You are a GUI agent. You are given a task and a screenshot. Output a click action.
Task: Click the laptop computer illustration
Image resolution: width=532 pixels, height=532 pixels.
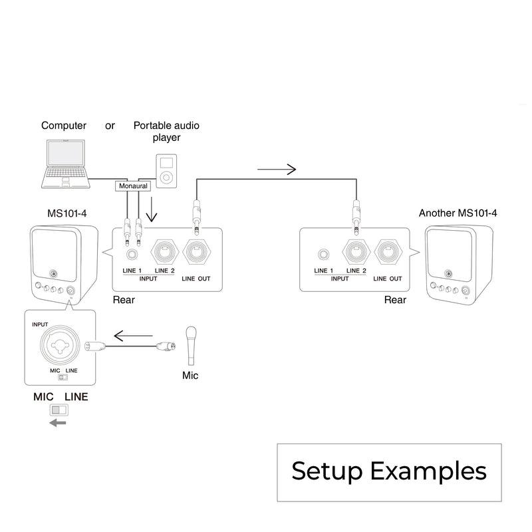coord(65,163)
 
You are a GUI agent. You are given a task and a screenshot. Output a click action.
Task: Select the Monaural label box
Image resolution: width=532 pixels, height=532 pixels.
coord(133,186)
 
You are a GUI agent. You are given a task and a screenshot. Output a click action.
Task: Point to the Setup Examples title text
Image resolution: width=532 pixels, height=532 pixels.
coord(389,471)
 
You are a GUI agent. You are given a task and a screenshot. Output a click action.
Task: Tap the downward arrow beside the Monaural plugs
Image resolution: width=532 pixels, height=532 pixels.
coord(153,210)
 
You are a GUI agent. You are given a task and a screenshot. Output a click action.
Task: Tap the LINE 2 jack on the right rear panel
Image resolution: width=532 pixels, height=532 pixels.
coord(355,253)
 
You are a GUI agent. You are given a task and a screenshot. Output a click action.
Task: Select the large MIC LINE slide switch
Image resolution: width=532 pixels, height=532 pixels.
coord(61,410)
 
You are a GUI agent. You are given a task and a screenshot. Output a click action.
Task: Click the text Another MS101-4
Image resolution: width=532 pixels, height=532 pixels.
coord(458,213)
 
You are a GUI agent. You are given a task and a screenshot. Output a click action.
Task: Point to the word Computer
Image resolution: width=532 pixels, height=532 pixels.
coord(64,126)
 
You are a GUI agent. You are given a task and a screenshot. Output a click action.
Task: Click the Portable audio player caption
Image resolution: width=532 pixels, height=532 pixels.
coord(166,131)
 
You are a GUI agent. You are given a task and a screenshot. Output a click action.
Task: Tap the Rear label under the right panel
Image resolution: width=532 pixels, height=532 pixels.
coord(395,300)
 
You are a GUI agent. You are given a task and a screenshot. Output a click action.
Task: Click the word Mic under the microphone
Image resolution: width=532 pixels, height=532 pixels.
coord(190,375)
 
